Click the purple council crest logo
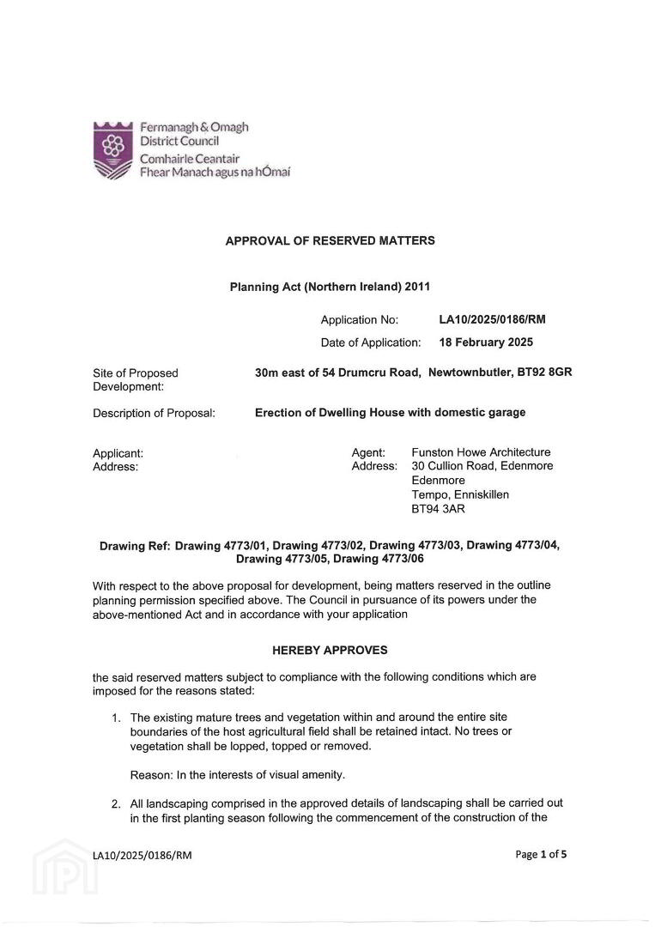coord(113,149)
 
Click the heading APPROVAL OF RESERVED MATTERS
coord(330,240)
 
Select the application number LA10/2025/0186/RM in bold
coord(492,320)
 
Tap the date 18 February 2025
coord(485,342)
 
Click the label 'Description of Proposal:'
coord(154,413)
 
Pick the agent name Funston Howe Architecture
coord(481,452)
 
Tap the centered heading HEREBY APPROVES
coord(330,650)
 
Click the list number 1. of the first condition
coord(116,717)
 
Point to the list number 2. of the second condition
coord(116,803)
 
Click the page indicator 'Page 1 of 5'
coord(541,854)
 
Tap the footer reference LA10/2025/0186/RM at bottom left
coord(143,855)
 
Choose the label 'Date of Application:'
coord(371,342)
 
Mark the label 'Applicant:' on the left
coord(118,452)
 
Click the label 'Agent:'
coord(368,452)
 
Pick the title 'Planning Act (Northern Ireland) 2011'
coord(330,287)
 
